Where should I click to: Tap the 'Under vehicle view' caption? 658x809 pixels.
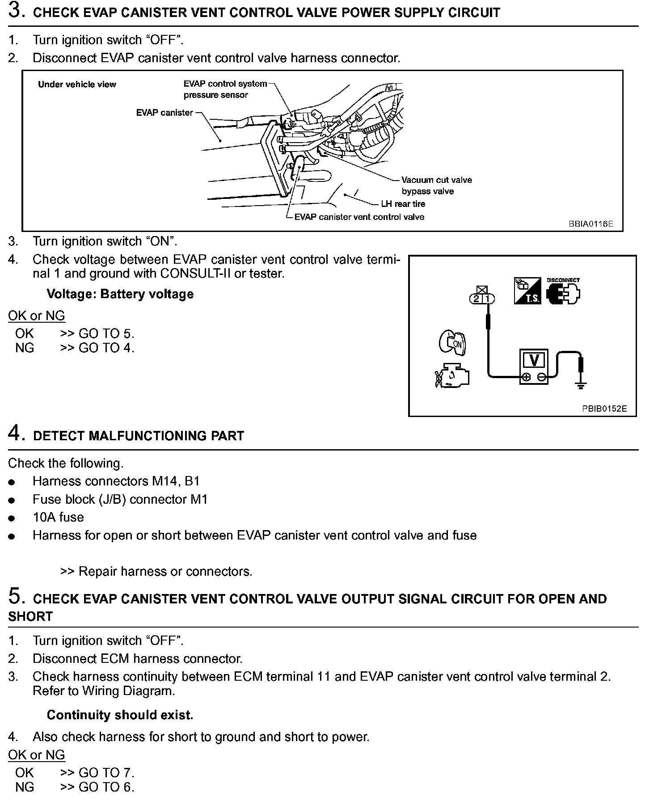(77, 84)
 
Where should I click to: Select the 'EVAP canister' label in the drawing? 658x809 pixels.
(164, 113)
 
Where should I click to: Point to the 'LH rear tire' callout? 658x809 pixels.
(403, 204)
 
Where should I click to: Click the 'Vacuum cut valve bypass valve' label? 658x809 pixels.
(436, 185)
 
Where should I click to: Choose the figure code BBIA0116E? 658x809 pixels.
(591, 223)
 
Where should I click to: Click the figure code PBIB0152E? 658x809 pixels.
(604, 409)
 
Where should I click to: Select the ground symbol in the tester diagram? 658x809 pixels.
(580, 385)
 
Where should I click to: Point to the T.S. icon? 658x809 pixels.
(527, 291)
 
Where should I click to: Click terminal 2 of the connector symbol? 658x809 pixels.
(477, 299)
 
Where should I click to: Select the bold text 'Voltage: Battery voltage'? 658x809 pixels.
(120, 294)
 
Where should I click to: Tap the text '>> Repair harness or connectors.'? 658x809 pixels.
(156, 571)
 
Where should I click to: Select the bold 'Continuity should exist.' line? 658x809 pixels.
(120, 715)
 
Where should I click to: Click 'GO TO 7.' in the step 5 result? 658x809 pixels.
(106, 773)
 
